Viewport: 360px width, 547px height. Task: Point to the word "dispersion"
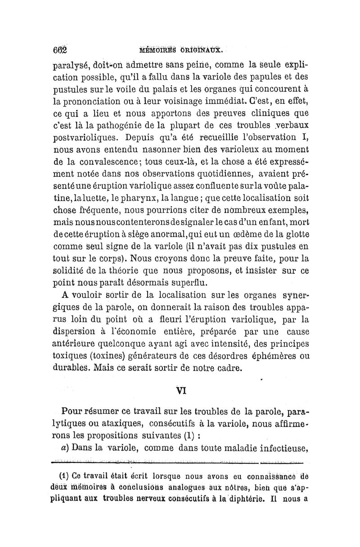(x=80, y=333)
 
